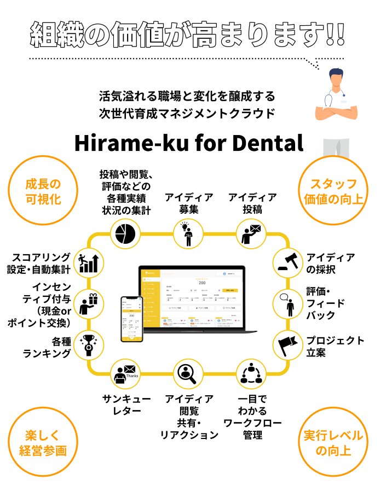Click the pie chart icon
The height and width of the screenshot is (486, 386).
click(125, 233)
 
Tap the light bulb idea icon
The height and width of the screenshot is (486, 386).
click(188, 233)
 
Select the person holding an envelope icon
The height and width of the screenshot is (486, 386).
click(251, 233)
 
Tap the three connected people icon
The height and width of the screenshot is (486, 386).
click(251, 374)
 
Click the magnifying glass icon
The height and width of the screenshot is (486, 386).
click(188, 374)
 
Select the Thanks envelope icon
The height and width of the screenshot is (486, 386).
click(125, 374)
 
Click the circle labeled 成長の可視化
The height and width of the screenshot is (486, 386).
click(43, 190)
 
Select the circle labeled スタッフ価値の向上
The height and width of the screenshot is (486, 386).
click(333, 190)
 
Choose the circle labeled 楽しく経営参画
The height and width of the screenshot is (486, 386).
click(43, 443)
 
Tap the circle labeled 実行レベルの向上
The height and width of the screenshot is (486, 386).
click(333, 443)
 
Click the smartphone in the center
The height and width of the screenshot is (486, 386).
click(132, 319)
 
